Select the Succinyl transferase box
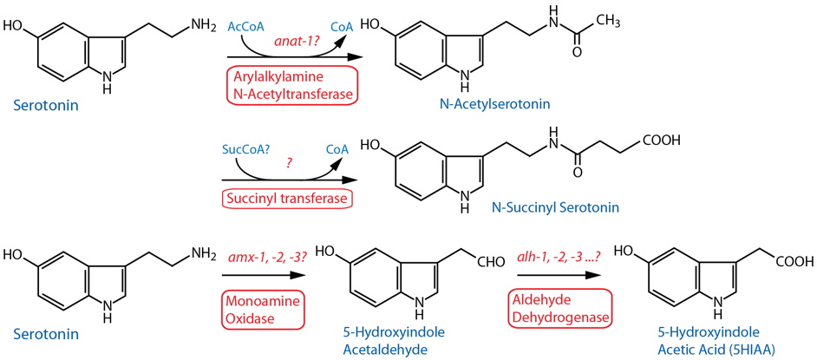tap(288, 199)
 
